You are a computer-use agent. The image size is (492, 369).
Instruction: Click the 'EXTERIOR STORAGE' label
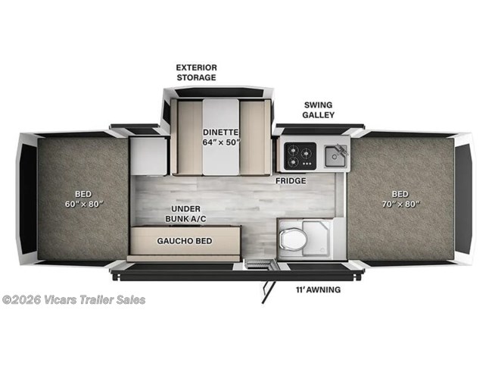pyautogui.click(x=197, y=72)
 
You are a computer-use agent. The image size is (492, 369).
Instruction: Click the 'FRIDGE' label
pyautogui.click(x=290, y=182)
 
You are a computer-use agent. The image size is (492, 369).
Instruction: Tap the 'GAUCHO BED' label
pyautogui.click(x=185, y=241)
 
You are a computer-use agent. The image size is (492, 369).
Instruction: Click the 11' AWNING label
pyautogui.click(x=319, y=289)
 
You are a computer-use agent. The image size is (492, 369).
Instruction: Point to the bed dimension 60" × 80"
pyautogui.click(x=83, y=203)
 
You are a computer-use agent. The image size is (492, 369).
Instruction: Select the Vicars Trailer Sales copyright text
pyautogui.click(x=73, y=299)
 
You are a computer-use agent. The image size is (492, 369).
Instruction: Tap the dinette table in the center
pyautogui.click(x=220, y=136)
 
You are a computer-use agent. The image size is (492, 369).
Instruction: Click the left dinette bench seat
pyautogui.click(x=184, y=136)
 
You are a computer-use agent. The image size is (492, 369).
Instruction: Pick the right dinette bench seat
pyautogui.click(x=254, y=136)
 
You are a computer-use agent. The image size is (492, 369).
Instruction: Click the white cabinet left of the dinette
pyautogui.click(x=148, y=156)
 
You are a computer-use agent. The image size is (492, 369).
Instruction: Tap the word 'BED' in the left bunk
pyautogui.click(x=83, y=192)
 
